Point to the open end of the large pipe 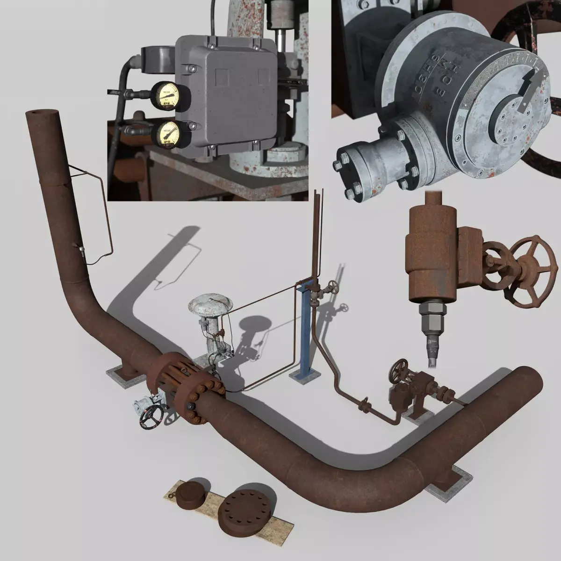point(527,379)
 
